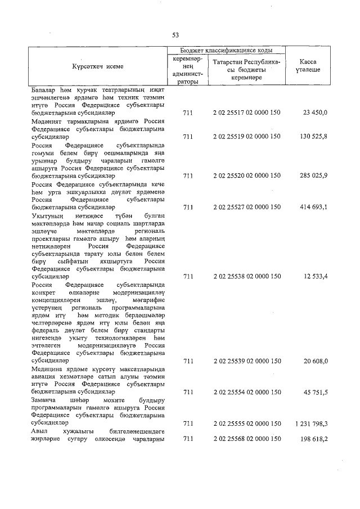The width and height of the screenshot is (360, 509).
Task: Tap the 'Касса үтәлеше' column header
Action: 308,66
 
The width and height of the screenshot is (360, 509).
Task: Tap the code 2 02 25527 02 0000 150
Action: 247,208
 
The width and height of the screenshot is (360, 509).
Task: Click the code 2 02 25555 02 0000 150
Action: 247,423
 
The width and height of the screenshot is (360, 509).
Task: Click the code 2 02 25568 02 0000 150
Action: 247,439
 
